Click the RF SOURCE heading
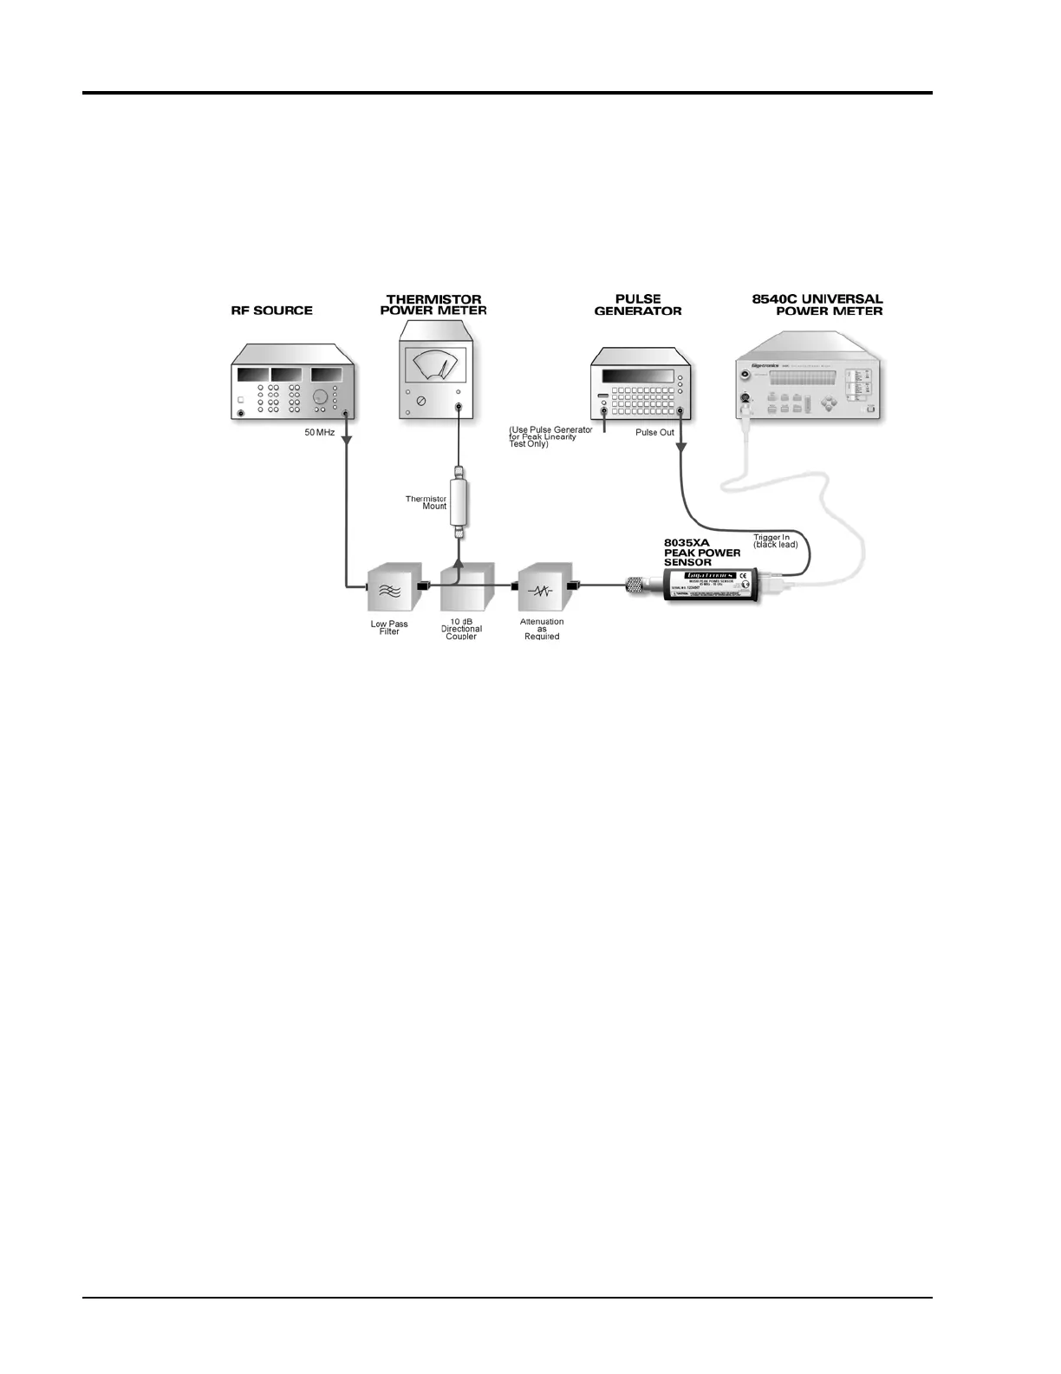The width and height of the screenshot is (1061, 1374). (271, 311)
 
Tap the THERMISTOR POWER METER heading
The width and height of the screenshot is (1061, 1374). (433, 305)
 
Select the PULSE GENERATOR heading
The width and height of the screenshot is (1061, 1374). (638, 305)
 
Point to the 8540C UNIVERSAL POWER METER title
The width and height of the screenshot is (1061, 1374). (817, 305)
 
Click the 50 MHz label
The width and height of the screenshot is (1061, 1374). (319, 432)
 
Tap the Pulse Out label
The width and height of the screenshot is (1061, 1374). (654, 432)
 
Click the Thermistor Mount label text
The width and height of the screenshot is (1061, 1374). (426, 502)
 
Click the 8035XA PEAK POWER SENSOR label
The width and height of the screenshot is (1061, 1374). (702, 552)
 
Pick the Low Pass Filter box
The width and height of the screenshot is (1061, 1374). (389, 590)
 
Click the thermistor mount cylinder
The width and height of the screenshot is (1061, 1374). (459, 502)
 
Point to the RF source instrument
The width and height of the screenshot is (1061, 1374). (293, 390)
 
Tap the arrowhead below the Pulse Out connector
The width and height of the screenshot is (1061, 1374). (681, 448)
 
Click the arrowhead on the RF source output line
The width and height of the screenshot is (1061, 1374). (347, 440)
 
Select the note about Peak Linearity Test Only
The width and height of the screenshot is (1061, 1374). (550, 436)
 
